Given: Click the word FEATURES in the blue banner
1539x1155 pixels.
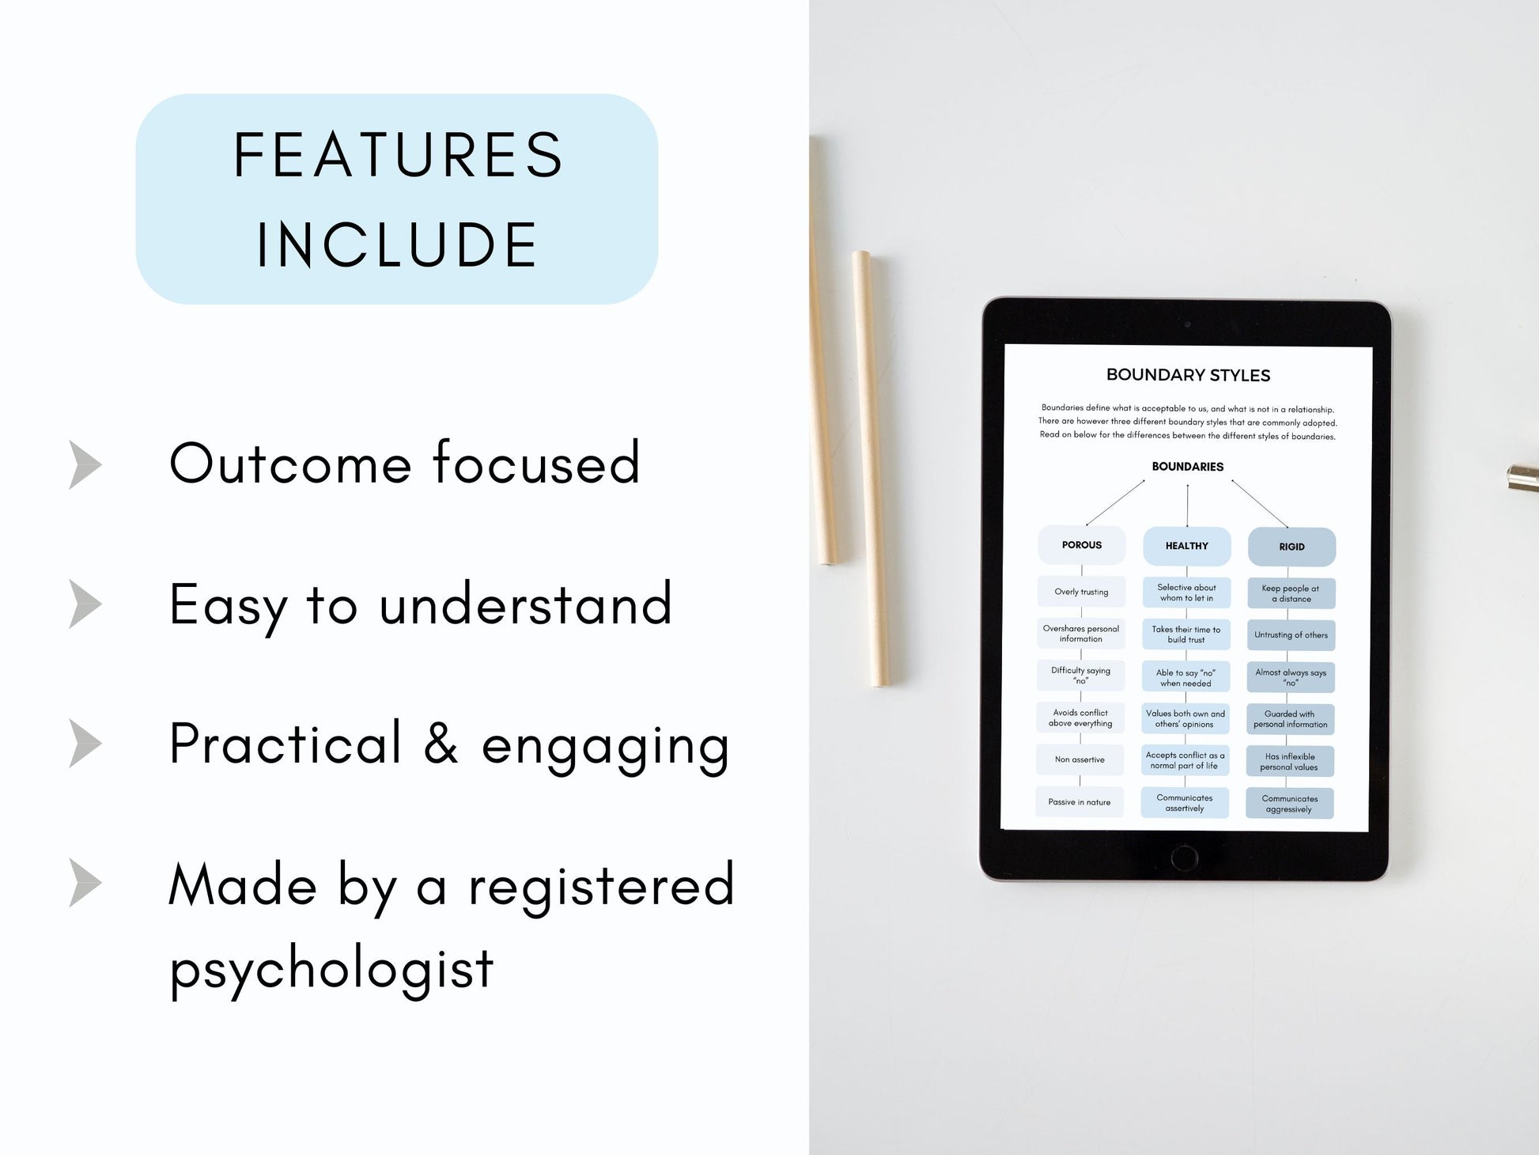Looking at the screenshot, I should [398, 155].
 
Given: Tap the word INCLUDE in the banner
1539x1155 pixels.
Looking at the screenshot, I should [398, 244].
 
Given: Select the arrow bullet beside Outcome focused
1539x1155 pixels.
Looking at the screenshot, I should [85, 464].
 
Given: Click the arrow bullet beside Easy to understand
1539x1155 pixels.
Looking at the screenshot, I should [85, 604].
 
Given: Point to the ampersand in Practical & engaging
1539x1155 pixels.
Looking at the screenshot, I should [441, 744].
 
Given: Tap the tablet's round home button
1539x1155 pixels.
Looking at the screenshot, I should [1184, 857].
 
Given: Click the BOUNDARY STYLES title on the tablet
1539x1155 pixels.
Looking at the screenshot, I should [1188, 375].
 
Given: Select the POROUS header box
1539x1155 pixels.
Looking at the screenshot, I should [1081, 545].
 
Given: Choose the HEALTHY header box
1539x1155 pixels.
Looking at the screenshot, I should [1186, 546].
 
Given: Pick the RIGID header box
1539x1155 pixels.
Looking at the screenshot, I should [1291, 547].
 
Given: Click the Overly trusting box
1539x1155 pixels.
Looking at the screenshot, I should [1081, 592].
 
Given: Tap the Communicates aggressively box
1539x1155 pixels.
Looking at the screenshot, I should [1289, 804].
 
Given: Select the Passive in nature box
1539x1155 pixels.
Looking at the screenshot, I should [1080, 802].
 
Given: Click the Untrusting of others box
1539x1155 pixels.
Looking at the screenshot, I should [1291, 635].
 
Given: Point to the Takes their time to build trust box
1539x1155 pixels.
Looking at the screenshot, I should [1186, 634].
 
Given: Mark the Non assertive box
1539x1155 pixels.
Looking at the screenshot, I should [1080, 759].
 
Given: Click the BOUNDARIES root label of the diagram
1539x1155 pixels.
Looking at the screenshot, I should [1187, 467].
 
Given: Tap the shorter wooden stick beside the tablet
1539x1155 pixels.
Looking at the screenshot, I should [872, 468].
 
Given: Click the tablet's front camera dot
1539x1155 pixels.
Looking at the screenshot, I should [1187, 324].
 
